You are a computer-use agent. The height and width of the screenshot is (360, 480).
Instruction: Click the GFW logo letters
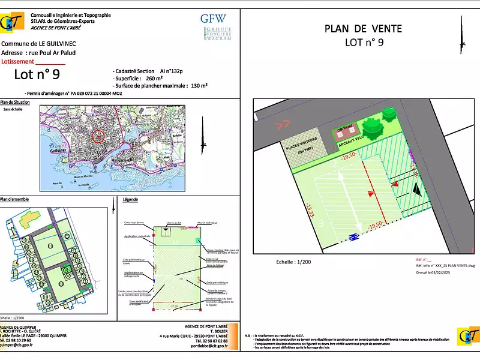(213, 18)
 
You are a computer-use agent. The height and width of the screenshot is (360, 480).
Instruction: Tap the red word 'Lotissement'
(19, 61)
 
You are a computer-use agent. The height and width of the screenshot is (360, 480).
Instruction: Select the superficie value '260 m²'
(155, 78)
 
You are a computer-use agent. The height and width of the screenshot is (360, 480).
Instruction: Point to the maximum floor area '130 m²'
(199, 86)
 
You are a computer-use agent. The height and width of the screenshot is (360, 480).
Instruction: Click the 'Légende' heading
(130, 199)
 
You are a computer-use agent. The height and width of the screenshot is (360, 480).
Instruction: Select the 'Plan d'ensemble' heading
(14, 199)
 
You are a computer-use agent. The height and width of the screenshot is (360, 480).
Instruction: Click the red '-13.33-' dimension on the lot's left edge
(310, 211)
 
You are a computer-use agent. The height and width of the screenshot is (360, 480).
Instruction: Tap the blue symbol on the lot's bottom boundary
(354, 236)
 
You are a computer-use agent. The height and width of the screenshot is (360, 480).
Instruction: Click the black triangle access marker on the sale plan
(416, 188)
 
